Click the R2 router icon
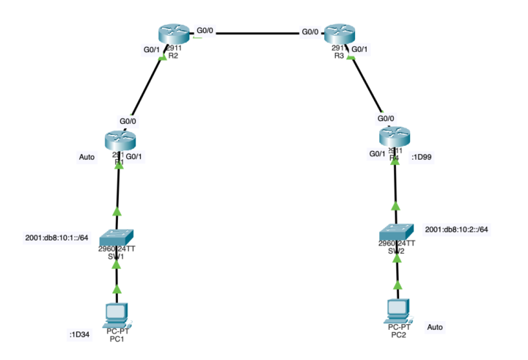pyautogui.click(x=173, y=33)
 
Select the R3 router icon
pyautogui.click(x=340, y=33)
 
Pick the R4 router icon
pyautogui.click(x=395, y=136)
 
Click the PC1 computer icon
pyautogui.click(x=116, y=314)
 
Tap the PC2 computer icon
pyautogui.click(x=397, y=309)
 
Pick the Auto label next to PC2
pyautogui.click(x=435, y=327)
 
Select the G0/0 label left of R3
pyautogui.click(x=310, y=32)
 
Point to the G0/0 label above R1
pyautogui.click(x=128, y=121)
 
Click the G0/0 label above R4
pyautogui.click(x=386, y=118)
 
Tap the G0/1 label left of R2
pyautogui.click(x=150, y=51)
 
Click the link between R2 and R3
pyautogui.click(x=257, y=33)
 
